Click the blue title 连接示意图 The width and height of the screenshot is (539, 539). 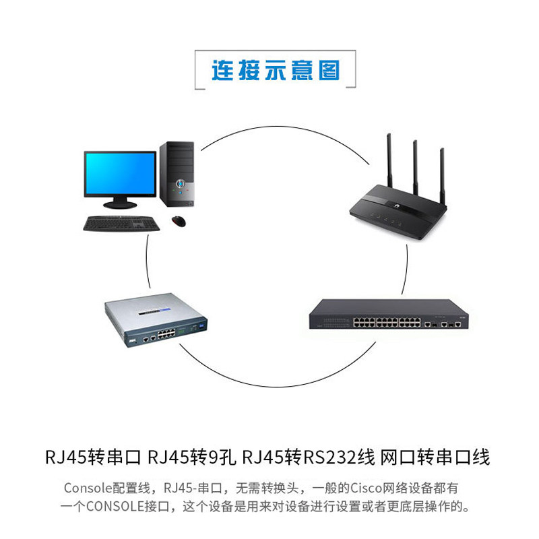(276, 70)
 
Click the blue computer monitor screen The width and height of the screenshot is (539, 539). (120, 172)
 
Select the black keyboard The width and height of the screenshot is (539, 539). (121, 223)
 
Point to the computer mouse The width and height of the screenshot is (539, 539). (179, 220)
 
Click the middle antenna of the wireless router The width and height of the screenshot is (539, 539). (415, 168)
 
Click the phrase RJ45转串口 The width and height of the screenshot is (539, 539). (93, 458)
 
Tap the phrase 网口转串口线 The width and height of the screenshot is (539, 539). (435, 458)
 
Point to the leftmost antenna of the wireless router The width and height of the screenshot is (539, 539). (389, 162)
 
